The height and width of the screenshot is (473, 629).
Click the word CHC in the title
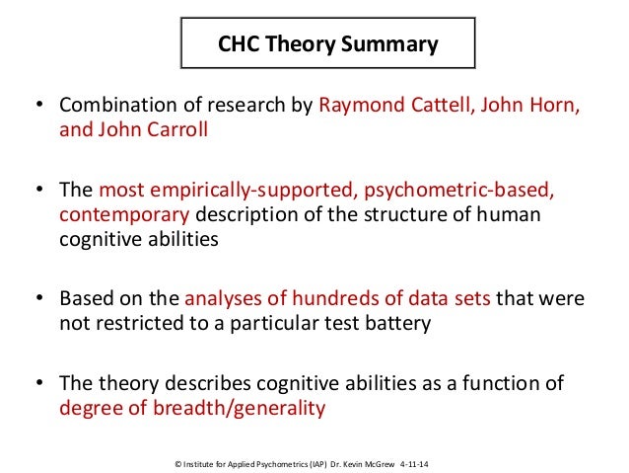[239, 44]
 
